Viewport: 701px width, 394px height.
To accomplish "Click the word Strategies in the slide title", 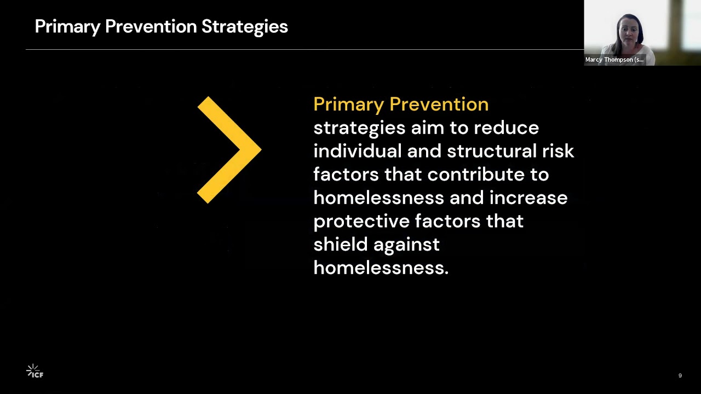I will (244, 26).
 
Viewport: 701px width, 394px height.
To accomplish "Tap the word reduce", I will (506, 128).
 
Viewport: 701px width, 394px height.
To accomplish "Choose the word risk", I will (558, 151).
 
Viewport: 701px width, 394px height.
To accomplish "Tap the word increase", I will (528, 198).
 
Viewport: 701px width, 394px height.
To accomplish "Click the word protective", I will (361, 221).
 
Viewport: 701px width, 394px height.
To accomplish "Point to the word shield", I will (340, 245).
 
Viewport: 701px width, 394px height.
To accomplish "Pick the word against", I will (406, 245).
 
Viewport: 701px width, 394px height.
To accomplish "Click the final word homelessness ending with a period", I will (381, 268).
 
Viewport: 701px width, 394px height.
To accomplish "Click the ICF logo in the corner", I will (35, 372).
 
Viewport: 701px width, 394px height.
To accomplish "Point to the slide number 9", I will (680, 375).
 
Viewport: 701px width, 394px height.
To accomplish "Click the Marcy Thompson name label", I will (614, 60).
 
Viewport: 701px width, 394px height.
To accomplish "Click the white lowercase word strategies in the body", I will (359, 128).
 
